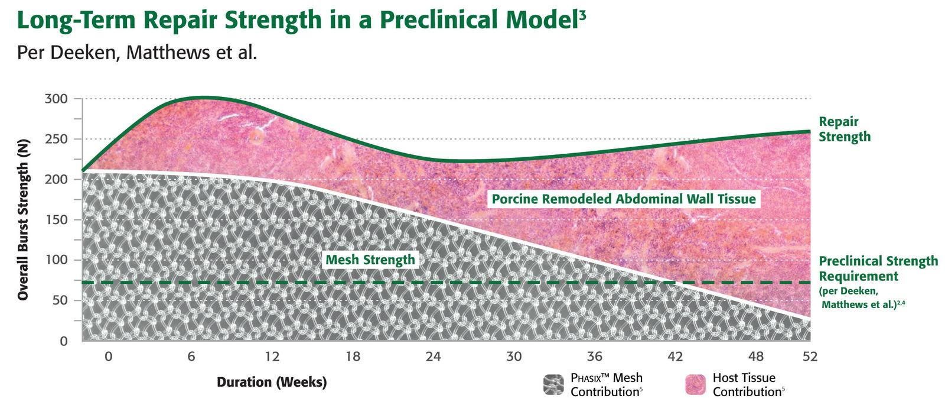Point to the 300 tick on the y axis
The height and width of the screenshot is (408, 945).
[x=57, y=99]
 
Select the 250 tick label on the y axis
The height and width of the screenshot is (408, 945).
[x=57, y=139]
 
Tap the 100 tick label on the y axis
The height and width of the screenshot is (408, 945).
[x=57, y=260]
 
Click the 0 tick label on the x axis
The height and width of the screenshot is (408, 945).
[x=108, y=357]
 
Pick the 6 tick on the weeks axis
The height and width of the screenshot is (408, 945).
[x=191, y=357]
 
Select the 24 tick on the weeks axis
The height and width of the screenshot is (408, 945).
[x=433, y=357]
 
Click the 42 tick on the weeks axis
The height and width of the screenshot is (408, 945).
[x=675, y=357]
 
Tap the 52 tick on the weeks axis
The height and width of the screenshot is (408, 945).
[x=809, y=357]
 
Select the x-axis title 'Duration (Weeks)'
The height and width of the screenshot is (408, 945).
[x=272, y=382]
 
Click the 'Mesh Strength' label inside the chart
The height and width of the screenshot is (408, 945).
[x=370, y=260]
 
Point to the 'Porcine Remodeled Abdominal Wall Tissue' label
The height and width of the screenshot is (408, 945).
[x=624, y=199]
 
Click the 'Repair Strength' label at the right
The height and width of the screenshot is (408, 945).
[x=844, y=129]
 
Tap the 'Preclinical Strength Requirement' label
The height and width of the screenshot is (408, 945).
[x=878, y=268]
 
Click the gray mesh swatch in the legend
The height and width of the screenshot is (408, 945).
[x=553, y=384]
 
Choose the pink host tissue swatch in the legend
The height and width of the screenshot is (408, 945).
[x=695, y=384]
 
